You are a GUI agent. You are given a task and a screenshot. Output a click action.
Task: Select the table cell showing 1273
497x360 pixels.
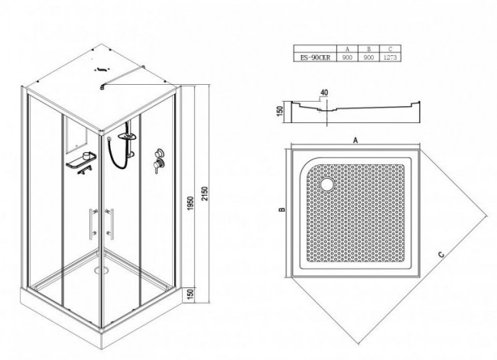click(x=390, y=57)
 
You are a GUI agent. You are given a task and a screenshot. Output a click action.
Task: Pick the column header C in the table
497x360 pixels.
click(x=390, y=49)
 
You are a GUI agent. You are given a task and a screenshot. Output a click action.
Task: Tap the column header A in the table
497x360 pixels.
click(x=347, y=49)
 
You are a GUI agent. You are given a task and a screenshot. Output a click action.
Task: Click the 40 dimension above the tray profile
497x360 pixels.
click(x=324, y=92)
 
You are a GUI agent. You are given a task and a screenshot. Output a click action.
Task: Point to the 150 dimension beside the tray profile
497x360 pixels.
click(x=280, y=111)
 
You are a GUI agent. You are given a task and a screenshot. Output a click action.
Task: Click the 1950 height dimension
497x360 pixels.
click(x=190, y=204)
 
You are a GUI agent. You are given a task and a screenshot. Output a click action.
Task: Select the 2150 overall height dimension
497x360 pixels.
click(x=205, y=194)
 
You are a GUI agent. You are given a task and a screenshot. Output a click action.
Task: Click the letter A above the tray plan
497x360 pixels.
click(x=356, y=140)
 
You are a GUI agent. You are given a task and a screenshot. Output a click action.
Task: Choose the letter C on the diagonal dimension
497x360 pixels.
click(x=441, y=255)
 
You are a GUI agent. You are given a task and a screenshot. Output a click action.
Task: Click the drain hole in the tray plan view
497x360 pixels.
click(x=326, y=183)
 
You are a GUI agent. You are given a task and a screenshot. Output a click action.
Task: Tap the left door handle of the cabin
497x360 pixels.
click(x=93, y=224)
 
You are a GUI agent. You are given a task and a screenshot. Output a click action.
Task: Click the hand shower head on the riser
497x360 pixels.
click(x=128, y=136)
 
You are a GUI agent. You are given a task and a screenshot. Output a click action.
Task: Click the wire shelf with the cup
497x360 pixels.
click(x=82, y=161)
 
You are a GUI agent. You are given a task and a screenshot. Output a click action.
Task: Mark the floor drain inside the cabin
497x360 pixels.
click(x=102, y=270)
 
